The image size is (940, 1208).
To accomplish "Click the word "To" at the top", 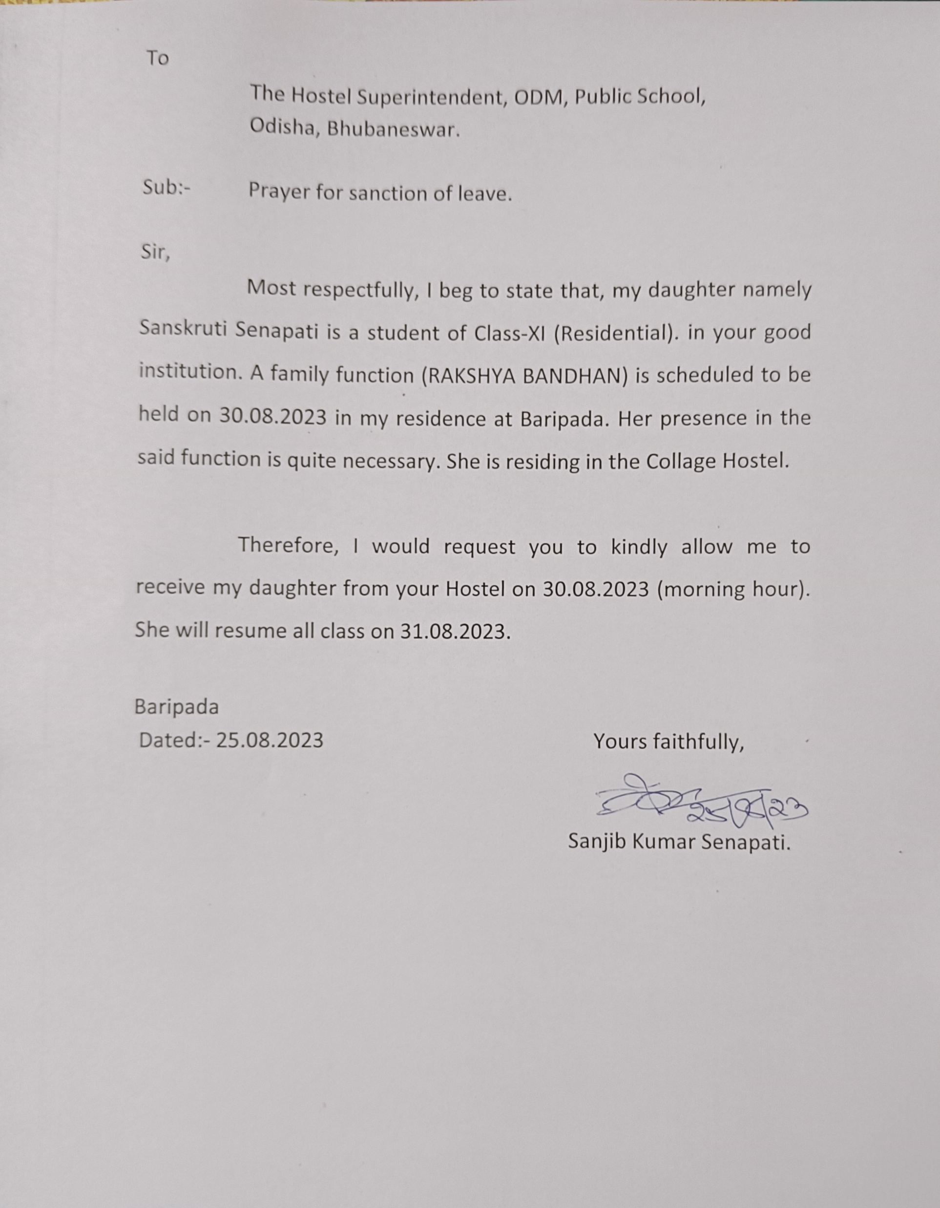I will pos(158,58).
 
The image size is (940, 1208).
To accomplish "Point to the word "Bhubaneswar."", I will pos(393,129).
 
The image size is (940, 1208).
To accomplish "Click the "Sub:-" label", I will pos(166,188).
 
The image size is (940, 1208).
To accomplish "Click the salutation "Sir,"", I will pos(155,252).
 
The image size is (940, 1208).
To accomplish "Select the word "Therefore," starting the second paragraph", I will pos(288,545).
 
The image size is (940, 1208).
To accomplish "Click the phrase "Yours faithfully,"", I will pos(668,742).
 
